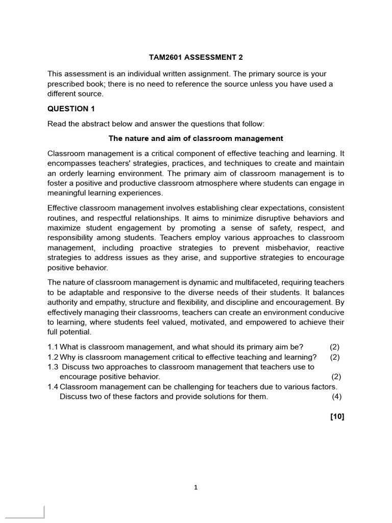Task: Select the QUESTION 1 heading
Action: (71, 109)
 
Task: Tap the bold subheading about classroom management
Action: (196, 138)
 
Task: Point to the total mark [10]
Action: (337, 417)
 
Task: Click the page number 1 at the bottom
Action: (195, 487)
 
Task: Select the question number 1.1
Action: (53, 347)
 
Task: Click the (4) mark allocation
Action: (336, 397)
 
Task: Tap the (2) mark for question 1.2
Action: (334, 357)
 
